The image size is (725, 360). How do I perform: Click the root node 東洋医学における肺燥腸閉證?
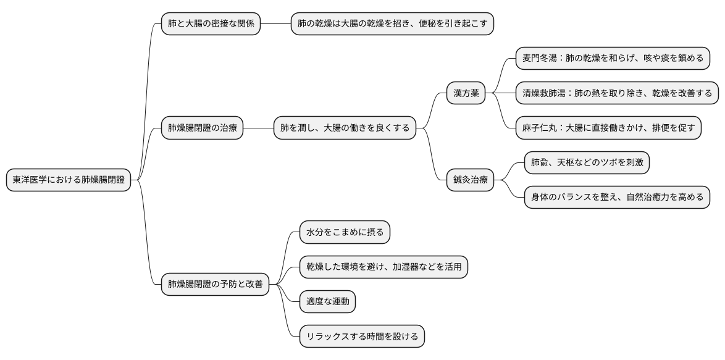(x=69, y=180)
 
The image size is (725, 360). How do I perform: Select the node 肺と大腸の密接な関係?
(x=211, y=24)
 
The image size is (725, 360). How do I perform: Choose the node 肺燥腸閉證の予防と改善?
(x=215, y=285)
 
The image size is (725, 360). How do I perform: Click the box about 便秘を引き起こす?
(x=392, y=24)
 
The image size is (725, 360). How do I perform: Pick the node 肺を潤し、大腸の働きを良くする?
(x=345, y=128)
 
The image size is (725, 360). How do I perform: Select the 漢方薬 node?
(x=466, y=94)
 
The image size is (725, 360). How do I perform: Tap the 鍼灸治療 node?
(x=471, y=180)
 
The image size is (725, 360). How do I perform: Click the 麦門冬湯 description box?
(x=612, y=59)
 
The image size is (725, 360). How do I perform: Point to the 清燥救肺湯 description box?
(x=616, y=94)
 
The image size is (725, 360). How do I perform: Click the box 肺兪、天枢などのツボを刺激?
(x=586, y=163)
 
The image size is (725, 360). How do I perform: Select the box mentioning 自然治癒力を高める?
(x=616, y=198)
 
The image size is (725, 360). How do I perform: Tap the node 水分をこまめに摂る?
(x=345, y=233)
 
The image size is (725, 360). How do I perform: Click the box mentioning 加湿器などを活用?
(x=383, y=267)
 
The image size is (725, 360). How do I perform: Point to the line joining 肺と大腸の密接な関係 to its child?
(x=275, y=24)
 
